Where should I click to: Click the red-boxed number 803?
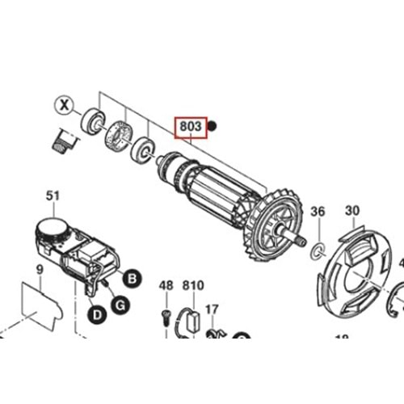[x=191, y=127]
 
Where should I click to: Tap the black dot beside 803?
[x=213, y=125]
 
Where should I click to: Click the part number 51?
[x=53, y=196]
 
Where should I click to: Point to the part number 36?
[x=318, y=212]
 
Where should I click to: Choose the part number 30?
[x=351, y=211]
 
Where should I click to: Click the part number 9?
[x=39, y=270]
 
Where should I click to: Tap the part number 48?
[x=166, y=285]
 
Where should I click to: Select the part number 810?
[x=193, y=285]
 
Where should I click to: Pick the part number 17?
[x=212, y=309]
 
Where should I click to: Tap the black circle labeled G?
[x=119, y=304]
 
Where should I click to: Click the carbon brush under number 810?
[x=194, y=318]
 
